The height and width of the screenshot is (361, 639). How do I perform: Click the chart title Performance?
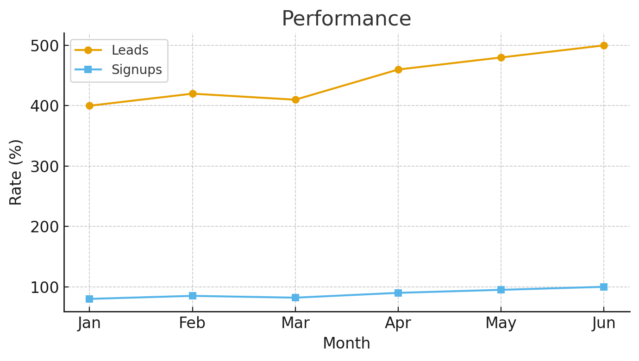[x=346, y=19]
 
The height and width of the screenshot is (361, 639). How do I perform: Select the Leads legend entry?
[x=112, y=50]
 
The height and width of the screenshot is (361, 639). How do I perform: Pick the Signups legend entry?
[x=118, y=69]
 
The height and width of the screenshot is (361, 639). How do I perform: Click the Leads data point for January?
[x=89, y=106]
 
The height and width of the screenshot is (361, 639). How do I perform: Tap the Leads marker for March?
[x=295, y=100]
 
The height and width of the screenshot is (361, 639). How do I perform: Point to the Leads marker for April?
[x=398, y=69]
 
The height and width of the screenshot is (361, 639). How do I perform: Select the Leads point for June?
[x=604, y=46]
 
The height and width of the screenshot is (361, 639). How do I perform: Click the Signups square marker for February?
[x=193, y=296]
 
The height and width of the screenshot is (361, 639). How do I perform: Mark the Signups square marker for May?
[x=501, y=290]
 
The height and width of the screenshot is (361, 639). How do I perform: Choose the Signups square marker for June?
[x=604, y=287]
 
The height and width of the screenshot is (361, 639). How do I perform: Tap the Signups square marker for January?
[x=89, y=299]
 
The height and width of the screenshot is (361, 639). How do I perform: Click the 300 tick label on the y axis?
[x=44, y=167]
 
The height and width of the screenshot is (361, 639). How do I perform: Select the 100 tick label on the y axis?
[x=44, y=287]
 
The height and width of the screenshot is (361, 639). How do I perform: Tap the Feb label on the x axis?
[x=192, y=324]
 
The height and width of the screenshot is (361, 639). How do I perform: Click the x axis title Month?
[x=346, y=343]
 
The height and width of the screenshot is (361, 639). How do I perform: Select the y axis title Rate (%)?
[x=15, y=173]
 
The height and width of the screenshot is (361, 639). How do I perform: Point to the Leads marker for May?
[x=501, y=57]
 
